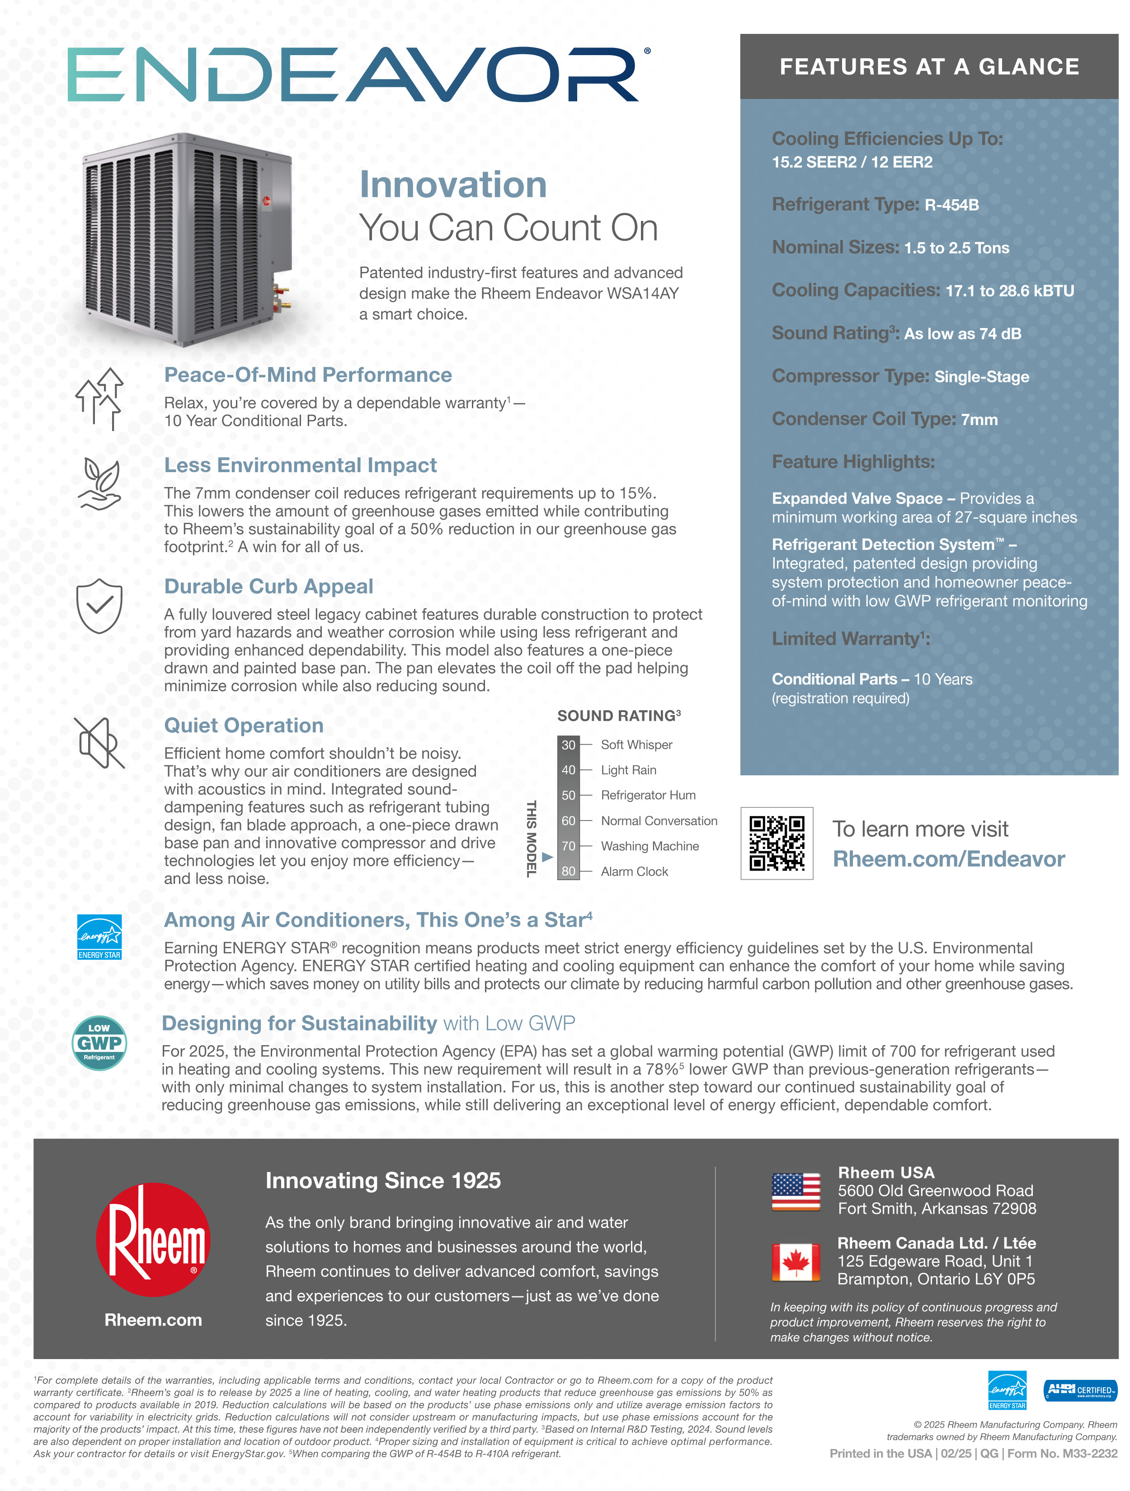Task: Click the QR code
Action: tap(777, 843)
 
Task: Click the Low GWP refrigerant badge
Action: tap(99, 1043)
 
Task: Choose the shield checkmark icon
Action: tap(99, 605)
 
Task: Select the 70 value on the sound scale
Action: tap(568, 846)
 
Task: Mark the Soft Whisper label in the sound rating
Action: tap(636, 745)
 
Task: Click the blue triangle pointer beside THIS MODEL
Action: tap(547, 857)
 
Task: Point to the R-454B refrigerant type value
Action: tap(951, 205)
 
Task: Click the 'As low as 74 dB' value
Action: tap(962, 333)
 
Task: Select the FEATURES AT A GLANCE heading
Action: tap(929, 67)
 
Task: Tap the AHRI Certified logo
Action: tap(1079, 1390)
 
